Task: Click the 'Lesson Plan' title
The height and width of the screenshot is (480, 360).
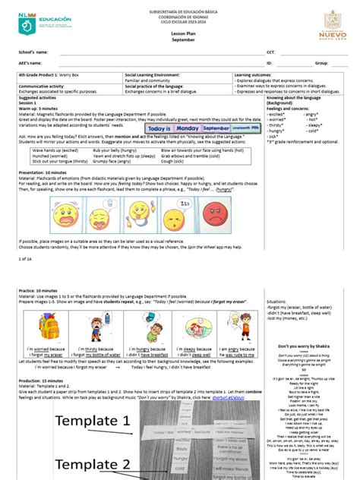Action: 180,35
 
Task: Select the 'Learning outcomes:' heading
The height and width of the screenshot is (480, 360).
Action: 257,76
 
